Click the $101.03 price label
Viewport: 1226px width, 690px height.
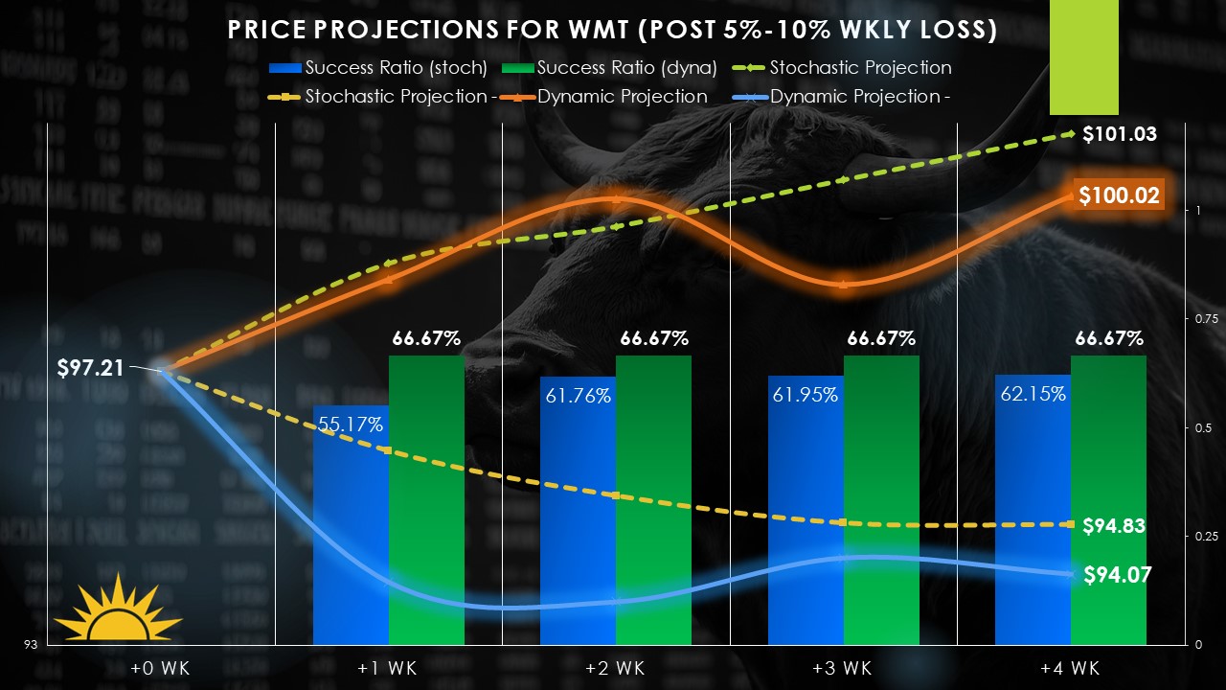1120,134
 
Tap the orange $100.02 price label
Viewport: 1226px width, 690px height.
1119,196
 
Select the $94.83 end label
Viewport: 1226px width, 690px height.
1114,526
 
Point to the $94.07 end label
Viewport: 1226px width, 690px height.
1118,575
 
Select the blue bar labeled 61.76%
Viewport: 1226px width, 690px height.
578,517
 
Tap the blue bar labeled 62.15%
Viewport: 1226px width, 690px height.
1033,517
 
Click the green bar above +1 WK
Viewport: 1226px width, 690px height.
426,498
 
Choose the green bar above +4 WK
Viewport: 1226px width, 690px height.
1108,498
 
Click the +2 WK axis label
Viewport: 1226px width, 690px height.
616,668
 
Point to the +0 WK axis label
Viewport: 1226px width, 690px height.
161,668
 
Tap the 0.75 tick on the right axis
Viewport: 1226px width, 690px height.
1206,319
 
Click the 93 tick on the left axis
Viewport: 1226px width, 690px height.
32,645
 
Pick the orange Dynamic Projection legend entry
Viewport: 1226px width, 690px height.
624,97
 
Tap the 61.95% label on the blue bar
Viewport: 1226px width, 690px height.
806,394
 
